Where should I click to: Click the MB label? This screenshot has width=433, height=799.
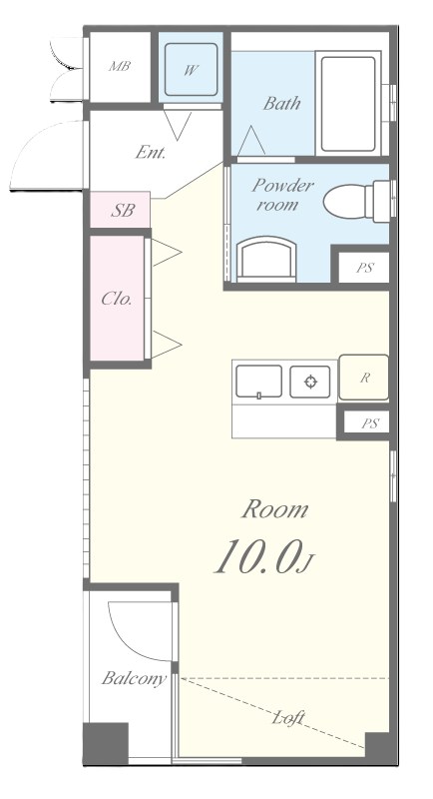120,66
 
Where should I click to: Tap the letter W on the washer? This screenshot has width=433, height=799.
191,70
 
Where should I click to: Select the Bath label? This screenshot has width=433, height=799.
281,104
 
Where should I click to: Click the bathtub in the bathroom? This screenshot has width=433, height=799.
348,104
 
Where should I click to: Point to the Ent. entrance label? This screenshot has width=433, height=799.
151,153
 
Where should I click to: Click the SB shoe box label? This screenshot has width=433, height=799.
123,211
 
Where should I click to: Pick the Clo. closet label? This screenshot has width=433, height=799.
117,299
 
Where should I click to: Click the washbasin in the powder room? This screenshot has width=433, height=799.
266,259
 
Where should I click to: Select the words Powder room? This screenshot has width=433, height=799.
282,195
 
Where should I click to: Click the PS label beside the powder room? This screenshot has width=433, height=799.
365,268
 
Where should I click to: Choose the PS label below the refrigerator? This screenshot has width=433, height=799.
370,423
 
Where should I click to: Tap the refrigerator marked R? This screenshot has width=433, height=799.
364,378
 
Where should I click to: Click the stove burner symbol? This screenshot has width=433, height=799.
310,382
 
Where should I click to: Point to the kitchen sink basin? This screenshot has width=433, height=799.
259,382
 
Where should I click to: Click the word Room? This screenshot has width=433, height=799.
275,509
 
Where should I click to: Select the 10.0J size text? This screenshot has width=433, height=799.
264,557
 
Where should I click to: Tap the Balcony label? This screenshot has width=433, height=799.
134,679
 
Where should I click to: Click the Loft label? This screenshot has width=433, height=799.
288,718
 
